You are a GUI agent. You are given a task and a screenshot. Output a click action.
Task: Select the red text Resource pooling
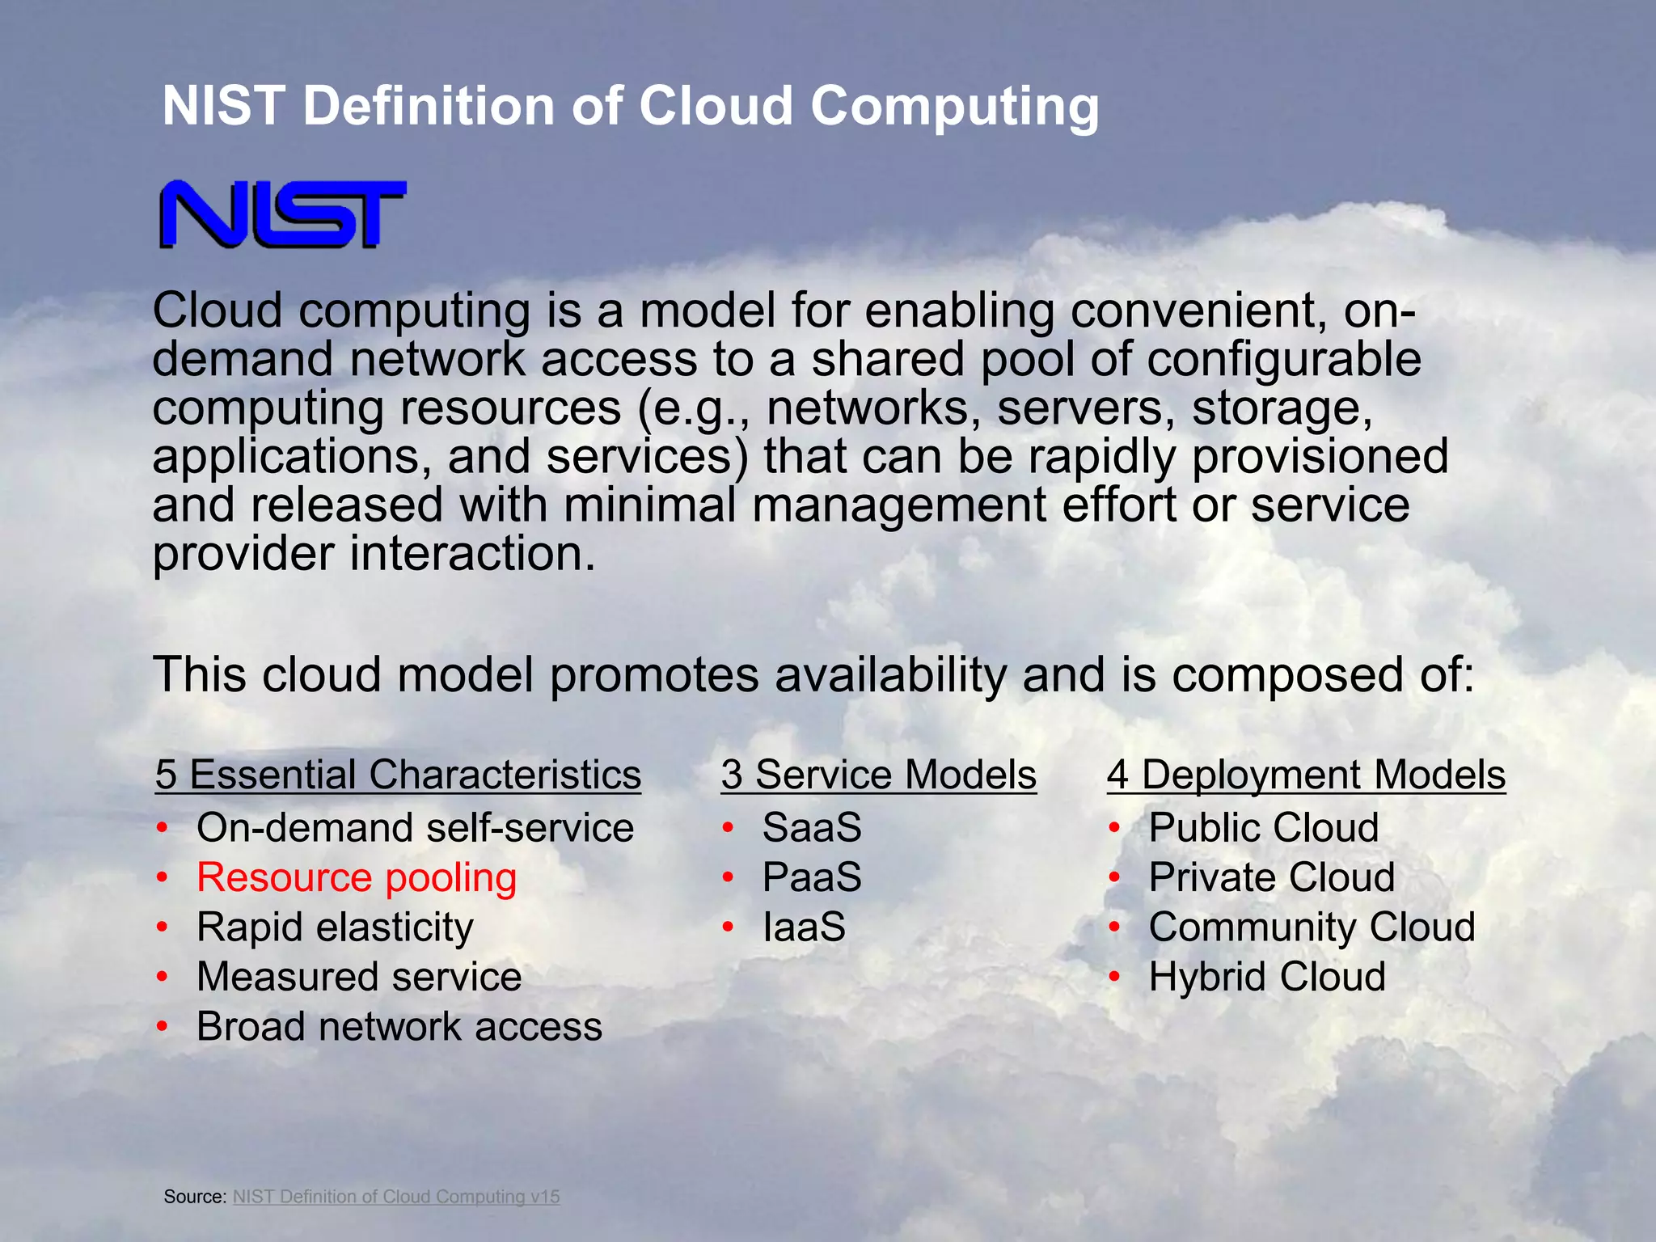357,878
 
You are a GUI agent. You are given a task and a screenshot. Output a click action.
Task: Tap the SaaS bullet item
812,828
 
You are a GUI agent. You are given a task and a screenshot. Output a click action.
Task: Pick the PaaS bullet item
812,878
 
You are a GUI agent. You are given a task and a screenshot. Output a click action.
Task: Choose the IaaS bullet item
804,927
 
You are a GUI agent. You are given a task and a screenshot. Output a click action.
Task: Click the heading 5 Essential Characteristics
398,775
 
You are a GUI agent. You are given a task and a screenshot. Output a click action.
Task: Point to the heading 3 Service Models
878,775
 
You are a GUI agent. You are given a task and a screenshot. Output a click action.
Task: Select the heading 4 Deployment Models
1306,775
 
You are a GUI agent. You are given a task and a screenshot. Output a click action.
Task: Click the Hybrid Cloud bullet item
1267,977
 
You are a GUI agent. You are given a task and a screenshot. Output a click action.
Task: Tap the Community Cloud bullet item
1312,927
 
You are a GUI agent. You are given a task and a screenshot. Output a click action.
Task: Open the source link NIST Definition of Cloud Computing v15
396,1197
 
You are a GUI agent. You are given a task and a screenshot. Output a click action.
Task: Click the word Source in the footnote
193,1197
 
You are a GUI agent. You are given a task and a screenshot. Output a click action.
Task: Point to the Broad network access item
399,1027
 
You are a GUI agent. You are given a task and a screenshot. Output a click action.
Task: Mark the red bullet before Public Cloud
1114,827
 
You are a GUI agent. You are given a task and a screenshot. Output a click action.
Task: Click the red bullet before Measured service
163,977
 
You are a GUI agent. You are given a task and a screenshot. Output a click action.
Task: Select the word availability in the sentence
890,676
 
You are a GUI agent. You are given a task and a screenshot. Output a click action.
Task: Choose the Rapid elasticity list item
335,927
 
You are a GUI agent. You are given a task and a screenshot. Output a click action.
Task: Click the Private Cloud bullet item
1272,878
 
